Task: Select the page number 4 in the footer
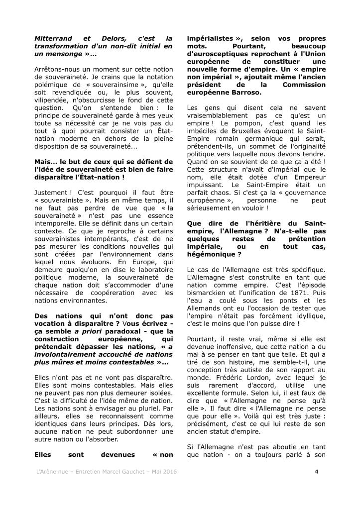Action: tap(316, 471)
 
